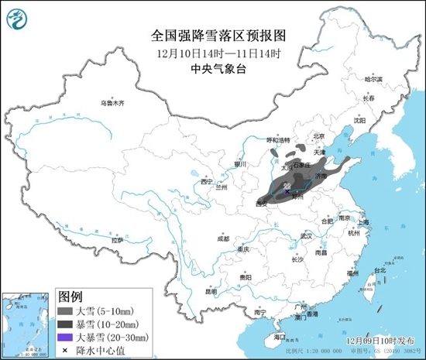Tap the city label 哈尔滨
click(x=373, y=79)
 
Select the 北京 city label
click(x=317, y=135)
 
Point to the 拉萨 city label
click(x=117, y=241)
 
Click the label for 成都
click(x=223, y=239)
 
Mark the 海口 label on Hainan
click(x=280, y=338)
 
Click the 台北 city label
click(x=379, y=271)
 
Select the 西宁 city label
click(x=206, y=181)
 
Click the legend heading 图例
click(x=70, y=297)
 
